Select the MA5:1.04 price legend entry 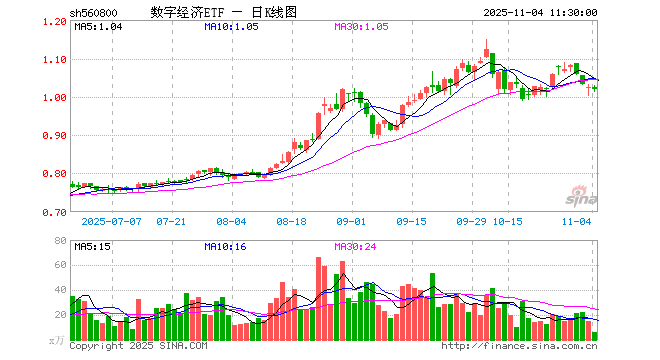97,27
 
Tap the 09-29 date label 471,220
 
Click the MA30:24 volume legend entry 355,245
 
